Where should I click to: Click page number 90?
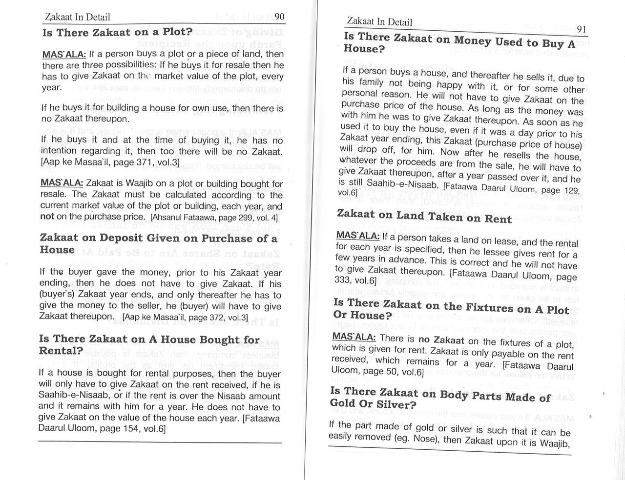pyautogui.click(x=279, y=17)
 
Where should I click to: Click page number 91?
pyautogui.click(x=581, y=29)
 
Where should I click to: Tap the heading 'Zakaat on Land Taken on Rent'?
pyautogui.click(x=424, y=216)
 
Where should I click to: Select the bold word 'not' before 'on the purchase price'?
pyautogui.click(x=47, y=216)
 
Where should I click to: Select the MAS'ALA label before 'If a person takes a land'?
pyautogui.click(x=357, y=236)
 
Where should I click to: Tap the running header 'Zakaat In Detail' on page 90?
pyautogui.click(x=77, y=17)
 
